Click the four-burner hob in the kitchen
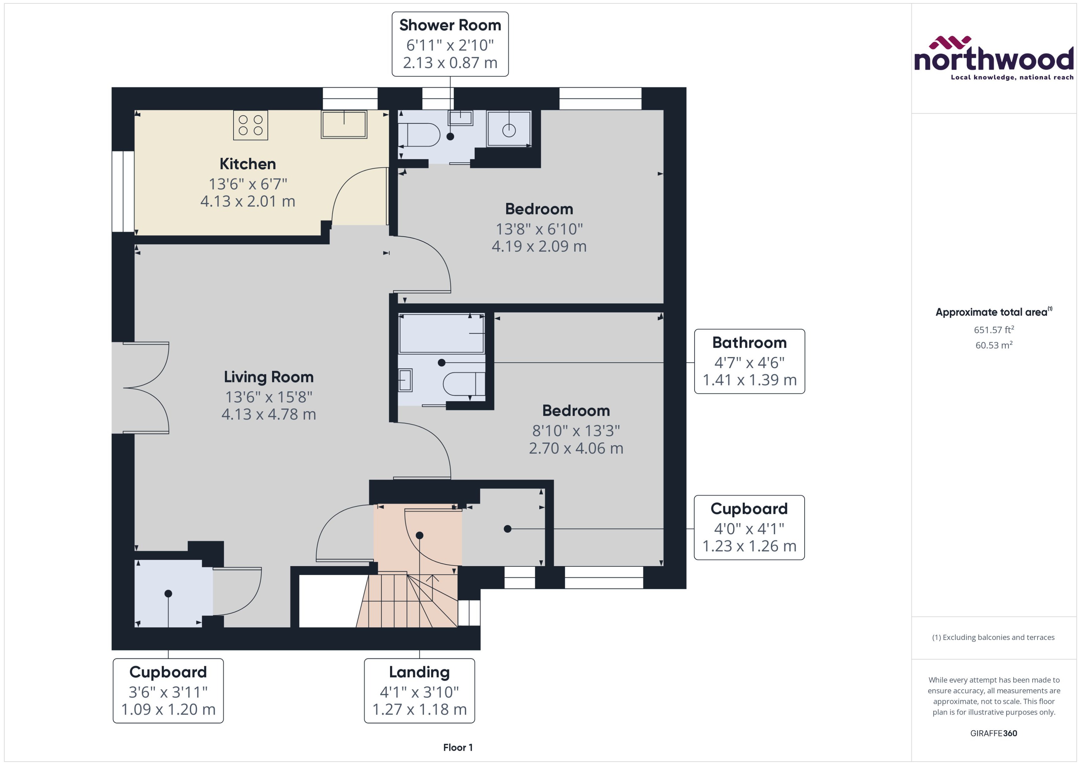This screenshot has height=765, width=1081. (x=250, y=125)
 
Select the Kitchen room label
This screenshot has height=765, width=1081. (x=248, y=164)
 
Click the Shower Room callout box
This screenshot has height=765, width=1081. (x=450, y=44)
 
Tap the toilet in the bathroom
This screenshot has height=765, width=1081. (x=464, y=384)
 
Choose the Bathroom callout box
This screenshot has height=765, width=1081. (x=749, y=361)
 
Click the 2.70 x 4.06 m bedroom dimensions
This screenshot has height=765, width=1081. (x=576, y=448)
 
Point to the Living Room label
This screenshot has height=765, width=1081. (x=268, y=377)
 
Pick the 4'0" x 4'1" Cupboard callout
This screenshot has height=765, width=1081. (x=749, y=527)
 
